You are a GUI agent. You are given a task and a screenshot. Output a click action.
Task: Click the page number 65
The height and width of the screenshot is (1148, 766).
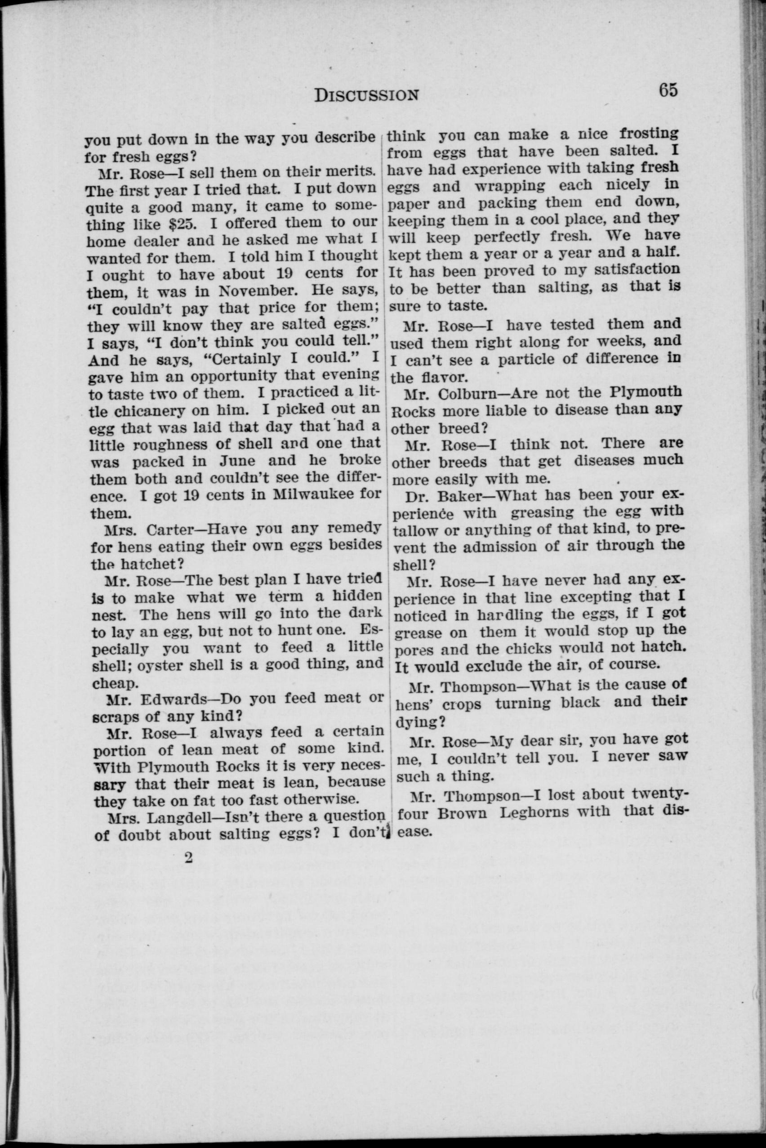(x=668, y=91)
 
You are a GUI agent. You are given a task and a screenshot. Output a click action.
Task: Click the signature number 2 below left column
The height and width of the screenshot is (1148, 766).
(x=187, y=858)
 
